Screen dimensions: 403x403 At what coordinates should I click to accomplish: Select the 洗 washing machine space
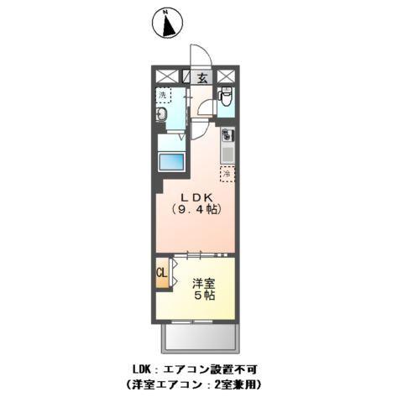pyautogui.click(x=164, y=95)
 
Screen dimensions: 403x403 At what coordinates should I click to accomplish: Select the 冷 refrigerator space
pyautogui.click(x=226, y=174)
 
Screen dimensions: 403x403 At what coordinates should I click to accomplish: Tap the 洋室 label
pyautogui.click(x=203, y=283)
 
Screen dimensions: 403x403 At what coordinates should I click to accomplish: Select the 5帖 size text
pyautogui.click(x=203, y=296)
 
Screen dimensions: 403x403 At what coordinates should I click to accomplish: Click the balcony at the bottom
pyautogui.click(x=198, y=337)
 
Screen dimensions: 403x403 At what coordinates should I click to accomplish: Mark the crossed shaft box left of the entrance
pyautogui.click(x=165, y=76)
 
